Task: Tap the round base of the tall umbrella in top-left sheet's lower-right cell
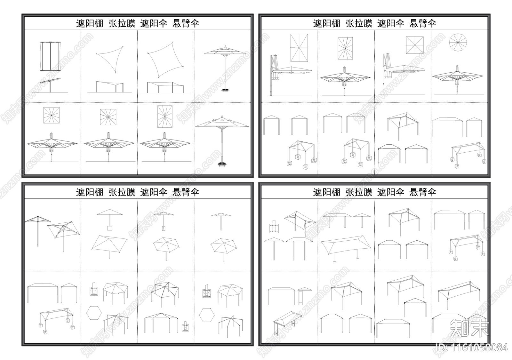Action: pos(222,164)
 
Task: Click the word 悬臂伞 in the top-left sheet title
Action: pos(186,23)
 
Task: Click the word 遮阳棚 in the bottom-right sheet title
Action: pos(326,192)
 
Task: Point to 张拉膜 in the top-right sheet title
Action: pos(359,23)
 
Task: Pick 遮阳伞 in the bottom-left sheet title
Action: pos(154,192)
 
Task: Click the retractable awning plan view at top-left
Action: pos(49,56)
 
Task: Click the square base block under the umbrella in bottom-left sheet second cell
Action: pos(109,228)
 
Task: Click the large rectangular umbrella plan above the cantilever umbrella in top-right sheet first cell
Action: pos(299,48)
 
